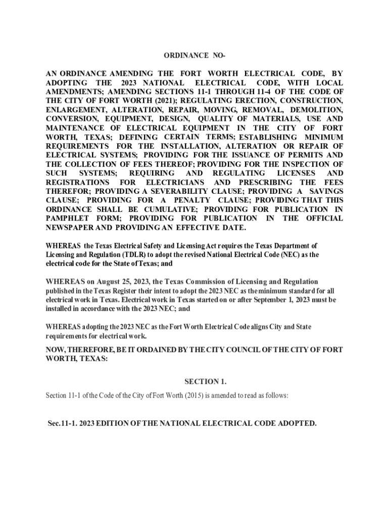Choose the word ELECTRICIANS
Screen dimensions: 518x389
175,182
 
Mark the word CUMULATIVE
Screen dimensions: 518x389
164,209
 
